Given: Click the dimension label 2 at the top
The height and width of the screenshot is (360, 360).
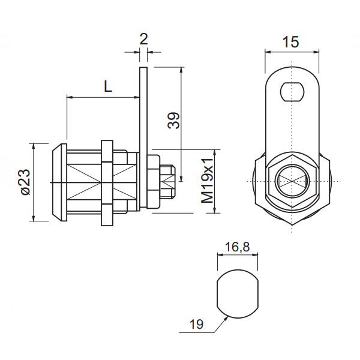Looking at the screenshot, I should (x=143, y=40).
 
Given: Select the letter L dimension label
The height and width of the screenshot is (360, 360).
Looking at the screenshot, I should (x=107, y=86).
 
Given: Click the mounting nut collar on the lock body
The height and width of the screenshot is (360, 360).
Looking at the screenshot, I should (x=107, y=182).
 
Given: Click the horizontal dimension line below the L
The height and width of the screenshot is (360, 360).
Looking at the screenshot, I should (x=102, y=97).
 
